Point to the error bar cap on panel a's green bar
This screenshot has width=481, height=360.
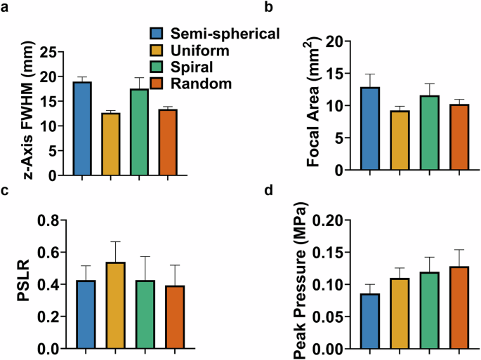pyautogui.click(x=139, y=78)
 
